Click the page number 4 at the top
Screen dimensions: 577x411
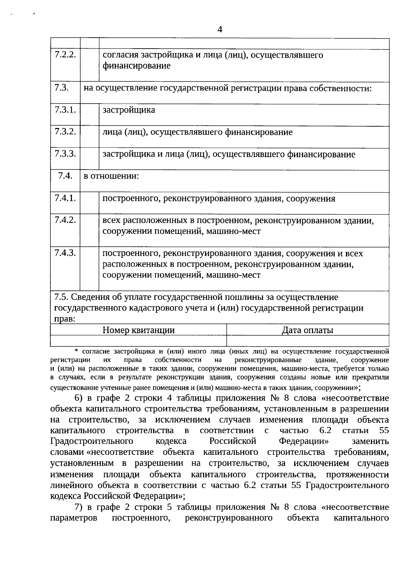pos(220,29)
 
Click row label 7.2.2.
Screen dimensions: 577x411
pos(65,55)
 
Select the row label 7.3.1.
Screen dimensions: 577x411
pos(65,110)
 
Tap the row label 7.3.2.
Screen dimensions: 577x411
pos(65,132)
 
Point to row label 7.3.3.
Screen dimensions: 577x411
pos(65,154)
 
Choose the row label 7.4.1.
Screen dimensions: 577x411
pos(65,198)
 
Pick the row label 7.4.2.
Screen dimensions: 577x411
pos(65,220)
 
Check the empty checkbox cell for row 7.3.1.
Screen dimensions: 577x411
pos(89,115)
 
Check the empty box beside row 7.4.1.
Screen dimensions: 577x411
pos(89,203)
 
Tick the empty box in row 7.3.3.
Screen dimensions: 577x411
pos(89,159)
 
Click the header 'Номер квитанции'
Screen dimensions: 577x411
pos(138,330)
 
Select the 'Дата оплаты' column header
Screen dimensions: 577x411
pos(308,330)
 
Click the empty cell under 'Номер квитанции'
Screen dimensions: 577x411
pos(138,341)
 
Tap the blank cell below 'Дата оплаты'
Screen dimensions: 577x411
pos(308,341)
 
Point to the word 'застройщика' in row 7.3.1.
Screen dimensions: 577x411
pos(129,110)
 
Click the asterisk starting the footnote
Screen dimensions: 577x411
pos(76,351)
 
